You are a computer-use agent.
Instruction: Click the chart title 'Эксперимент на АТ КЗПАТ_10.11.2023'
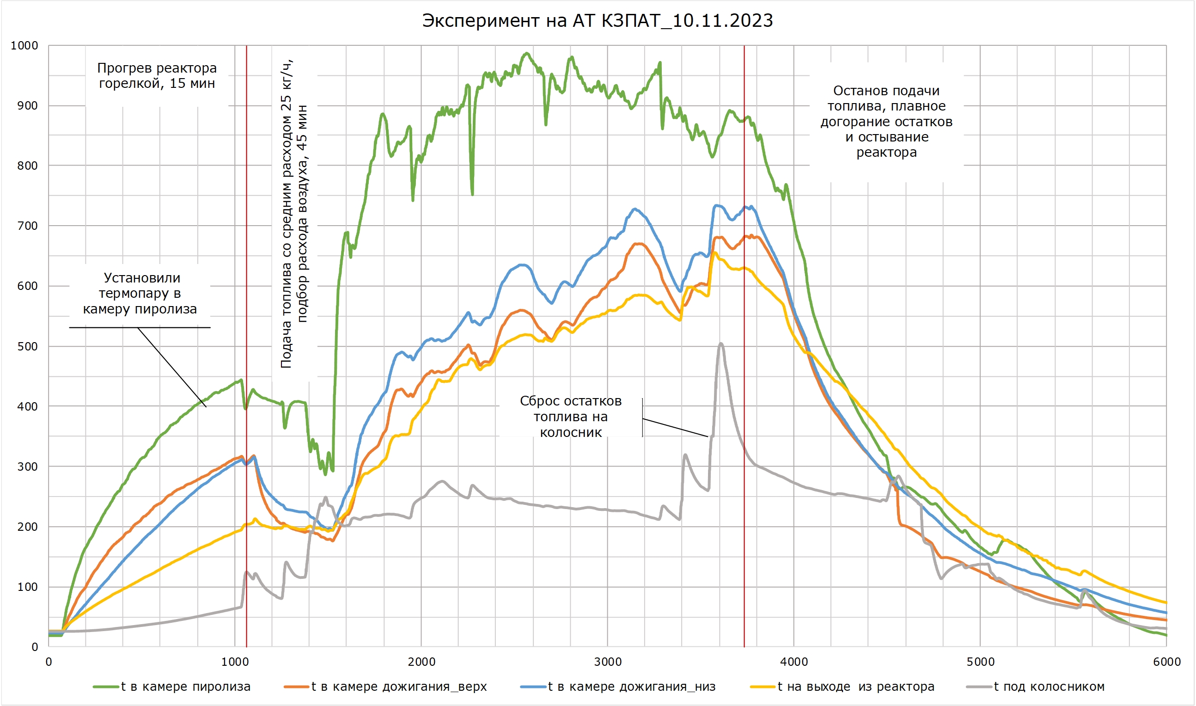coord(597,21)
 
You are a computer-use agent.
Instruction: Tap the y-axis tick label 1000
coord(24,46)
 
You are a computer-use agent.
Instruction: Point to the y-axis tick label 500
coord(28,346)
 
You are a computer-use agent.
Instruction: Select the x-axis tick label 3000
coord(608,662)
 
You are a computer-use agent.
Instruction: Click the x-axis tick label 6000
coord(1167,662)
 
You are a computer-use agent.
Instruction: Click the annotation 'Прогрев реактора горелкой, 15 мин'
coord(157,76)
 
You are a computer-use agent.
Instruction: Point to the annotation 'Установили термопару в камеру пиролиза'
coord(140,294)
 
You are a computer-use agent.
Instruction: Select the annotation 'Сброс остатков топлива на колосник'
coord(571,417)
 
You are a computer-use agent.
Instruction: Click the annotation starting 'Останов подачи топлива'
coord(886,121)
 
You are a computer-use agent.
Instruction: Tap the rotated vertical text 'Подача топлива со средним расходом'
coord(294,214)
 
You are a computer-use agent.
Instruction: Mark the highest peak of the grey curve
coord(721,344)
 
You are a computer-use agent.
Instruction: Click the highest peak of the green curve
coord(526,53)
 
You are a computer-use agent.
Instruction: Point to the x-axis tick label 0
coord(49,662)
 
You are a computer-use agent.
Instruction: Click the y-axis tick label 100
coord(28,587)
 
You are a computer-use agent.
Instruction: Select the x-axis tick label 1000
coord(235,662)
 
